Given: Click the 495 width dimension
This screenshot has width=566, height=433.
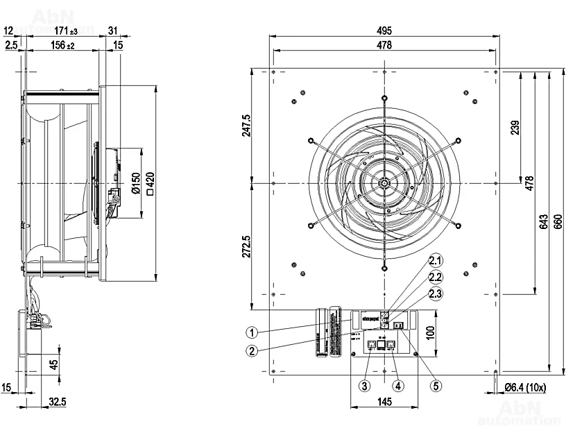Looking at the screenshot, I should (385, 31).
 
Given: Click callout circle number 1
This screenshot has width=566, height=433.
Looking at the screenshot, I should (252, 332).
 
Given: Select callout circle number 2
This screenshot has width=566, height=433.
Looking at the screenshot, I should (252, 350).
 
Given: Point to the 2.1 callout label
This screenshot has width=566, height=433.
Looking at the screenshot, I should (435, 261).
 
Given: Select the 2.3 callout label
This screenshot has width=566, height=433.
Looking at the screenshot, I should (435, 294).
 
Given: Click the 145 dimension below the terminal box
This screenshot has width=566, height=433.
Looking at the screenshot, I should (385, 402).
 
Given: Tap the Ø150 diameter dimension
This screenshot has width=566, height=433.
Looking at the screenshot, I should (136, 182).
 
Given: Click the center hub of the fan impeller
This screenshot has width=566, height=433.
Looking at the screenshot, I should (384, 182).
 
